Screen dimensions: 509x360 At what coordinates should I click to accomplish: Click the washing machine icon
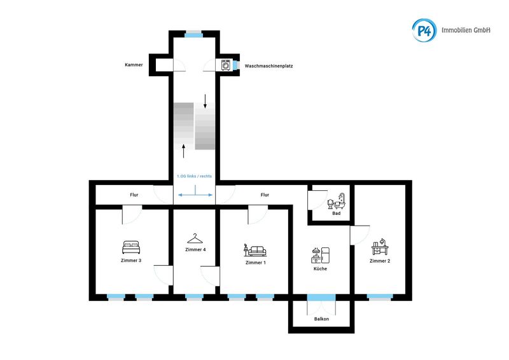(226, 65)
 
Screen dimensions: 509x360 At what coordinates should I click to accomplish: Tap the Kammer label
(134, 65)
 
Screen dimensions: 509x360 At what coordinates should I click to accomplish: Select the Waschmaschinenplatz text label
(268, 66)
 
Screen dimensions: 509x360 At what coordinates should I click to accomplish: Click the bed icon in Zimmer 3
(131, 247)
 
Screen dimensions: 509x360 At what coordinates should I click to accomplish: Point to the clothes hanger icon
(195, 239)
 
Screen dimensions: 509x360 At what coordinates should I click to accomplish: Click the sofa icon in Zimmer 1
(255, 250)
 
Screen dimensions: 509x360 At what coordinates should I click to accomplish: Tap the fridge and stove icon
(321, 255)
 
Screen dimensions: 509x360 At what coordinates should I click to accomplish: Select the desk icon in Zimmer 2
(380, 247)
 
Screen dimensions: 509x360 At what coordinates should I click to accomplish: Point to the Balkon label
(321, 319)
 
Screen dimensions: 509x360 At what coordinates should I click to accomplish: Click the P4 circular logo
(424, 30)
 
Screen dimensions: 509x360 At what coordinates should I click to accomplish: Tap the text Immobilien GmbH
(466, 30)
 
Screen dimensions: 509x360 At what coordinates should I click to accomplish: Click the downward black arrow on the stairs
(205, 101)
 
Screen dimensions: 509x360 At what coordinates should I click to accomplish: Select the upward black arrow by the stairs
(184, 151)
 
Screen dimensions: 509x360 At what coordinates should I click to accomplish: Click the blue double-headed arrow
(195, 195)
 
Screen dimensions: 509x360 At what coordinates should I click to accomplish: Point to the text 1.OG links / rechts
(194, 176)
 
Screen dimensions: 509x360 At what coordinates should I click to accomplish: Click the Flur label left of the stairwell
(134, 195)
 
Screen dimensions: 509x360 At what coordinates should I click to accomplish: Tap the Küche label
(320, 269)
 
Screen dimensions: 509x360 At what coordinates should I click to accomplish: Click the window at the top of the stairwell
(194, 34)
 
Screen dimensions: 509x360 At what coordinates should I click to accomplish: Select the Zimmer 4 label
(195, 249)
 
